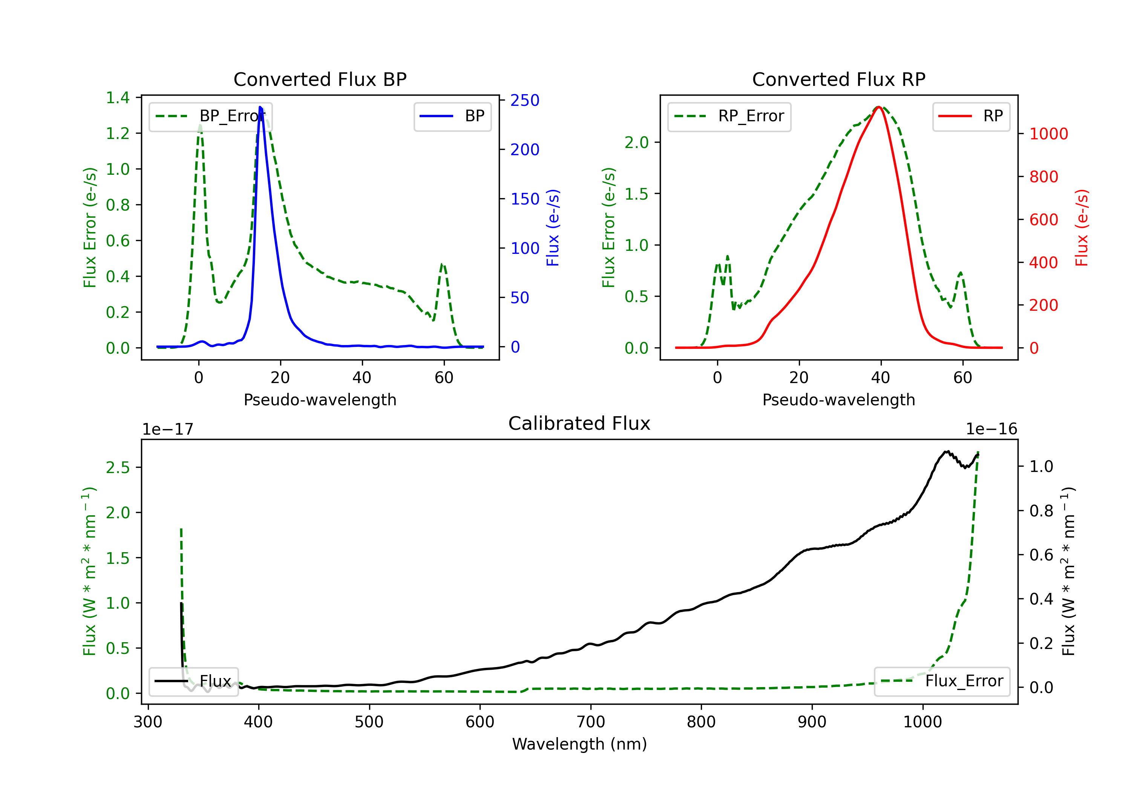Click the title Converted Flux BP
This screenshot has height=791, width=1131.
(320, 79)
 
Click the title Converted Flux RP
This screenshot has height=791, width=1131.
(838, 79)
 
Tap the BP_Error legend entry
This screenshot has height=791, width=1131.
(210, 116)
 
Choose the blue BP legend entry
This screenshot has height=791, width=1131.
(452, 116)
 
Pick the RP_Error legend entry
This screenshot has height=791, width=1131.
(729, 116)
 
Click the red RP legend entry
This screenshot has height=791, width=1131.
(971, 116)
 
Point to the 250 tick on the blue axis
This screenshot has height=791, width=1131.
(525, 101)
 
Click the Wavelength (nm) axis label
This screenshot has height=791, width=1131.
(579, 744)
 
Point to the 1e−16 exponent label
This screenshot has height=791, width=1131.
(991, 429)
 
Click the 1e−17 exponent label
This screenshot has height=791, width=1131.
(168, 429)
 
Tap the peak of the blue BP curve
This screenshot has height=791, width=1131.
(260, 107)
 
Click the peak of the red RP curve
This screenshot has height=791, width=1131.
(879, 107)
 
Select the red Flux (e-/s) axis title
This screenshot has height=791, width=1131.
(1081, 228)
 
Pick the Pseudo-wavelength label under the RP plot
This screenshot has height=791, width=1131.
(838, 400)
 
